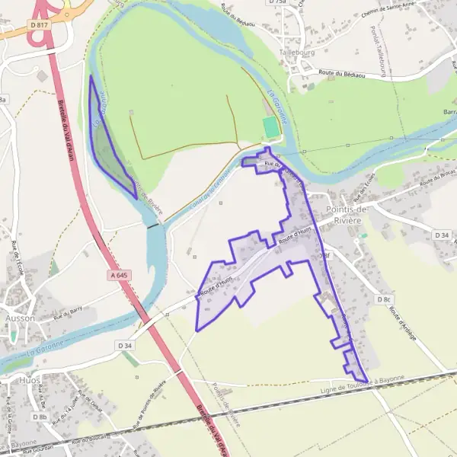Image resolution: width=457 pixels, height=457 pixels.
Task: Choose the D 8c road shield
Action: coord(383,299)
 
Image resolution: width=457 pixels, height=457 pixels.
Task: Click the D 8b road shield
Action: coord(40,417)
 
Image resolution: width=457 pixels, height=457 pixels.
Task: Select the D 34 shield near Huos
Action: coord(126,345)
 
